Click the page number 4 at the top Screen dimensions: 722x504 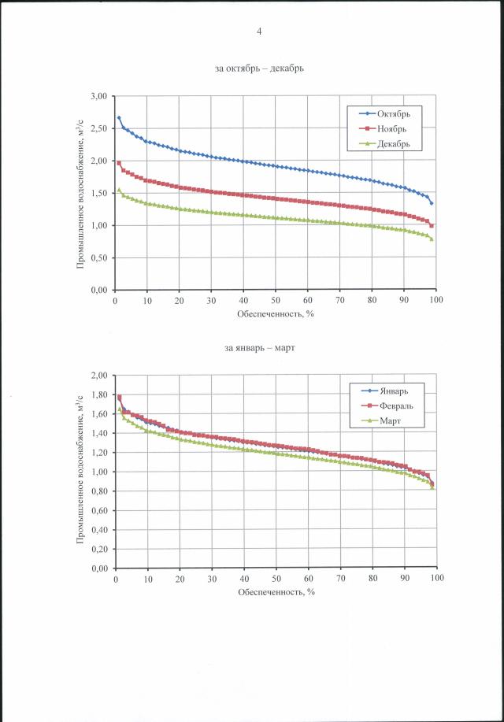tap(258, 31)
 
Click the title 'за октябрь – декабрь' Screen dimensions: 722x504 tap(259, 68)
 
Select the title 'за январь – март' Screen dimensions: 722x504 tap(259, 347)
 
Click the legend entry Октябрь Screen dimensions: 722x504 tap(393, 114)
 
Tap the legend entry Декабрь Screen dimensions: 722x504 tap(394, 144)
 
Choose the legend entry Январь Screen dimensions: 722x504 tap(391, 391)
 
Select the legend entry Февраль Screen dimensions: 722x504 tap(395, 405)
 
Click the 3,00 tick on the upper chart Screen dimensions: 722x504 tap(98, 96)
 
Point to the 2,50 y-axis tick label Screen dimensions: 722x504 tap(98, 128)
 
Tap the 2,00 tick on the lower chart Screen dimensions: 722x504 tap(98, 376)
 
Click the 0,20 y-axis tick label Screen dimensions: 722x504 tap(98, 549)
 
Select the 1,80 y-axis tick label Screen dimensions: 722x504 tap(98, 394)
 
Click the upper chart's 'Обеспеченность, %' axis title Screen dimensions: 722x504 tap(276, 313)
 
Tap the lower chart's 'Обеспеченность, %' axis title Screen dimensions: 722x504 tap(276, 591)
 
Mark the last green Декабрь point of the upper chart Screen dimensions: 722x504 tap(432, 239)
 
